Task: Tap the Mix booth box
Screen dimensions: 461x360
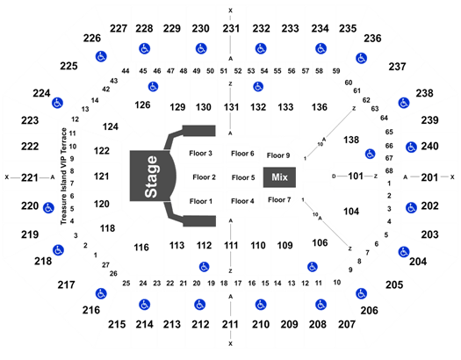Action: point(279,177)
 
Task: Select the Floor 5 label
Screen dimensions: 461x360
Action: point(243,177)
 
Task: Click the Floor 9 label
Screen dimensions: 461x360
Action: point(278,155)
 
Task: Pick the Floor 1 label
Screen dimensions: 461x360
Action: point(201,201)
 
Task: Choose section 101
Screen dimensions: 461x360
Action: point(356,176)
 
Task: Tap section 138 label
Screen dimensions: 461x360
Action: point(351,140)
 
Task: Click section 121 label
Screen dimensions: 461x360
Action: point(102,176)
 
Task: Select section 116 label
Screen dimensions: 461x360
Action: point(141,248)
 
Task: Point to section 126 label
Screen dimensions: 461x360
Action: point(142,104)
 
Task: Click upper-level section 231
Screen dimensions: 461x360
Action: point(231,28)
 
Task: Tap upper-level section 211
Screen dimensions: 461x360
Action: point(230,325)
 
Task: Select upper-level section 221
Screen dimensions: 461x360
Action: point(30,177)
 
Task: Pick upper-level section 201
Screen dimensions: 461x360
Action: point(429,177)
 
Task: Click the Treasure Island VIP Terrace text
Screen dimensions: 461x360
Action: point(63,176)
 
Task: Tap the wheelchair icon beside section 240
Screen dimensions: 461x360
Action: point(411,147)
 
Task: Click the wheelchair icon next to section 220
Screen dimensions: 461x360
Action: point(48,208)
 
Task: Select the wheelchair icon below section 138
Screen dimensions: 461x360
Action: point(371,154)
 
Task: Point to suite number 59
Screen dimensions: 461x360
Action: point(336,71)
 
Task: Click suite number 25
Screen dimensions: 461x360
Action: point(126,284)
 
